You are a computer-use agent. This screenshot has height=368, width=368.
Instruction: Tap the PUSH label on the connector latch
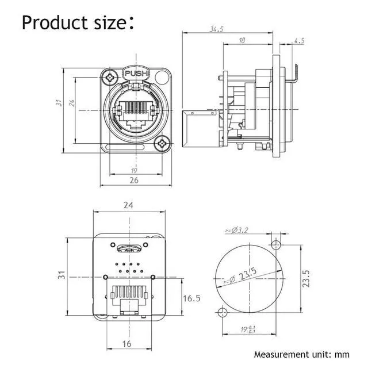[x=136, y=74]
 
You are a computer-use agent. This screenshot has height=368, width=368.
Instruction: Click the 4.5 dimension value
[x=299, y=40]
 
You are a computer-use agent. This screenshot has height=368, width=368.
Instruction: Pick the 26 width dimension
[x=134, y=179]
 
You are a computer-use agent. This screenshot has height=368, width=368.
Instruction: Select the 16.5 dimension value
[x=192, y=298]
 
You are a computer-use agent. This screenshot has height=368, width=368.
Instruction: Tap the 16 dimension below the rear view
[x=127, y=343]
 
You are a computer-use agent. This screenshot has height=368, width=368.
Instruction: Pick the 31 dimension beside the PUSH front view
[x=57, y=102]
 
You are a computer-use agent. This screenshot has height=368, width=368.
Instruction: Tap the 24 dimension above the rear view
[x=128, y=205]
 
